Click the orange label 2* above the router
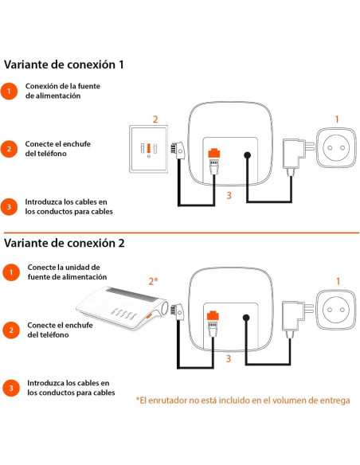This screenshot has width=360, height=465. [x=155, y=281]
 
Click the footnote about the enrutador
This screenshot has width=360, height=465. [x=242, y=400]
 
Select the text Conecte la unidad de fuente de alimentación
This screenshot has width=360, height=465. [x=63, y=272]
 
